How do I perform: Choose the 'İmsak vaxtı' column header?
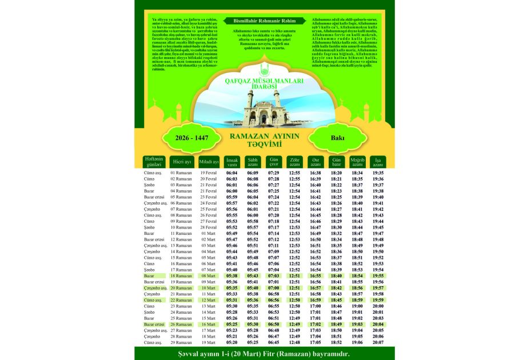232,161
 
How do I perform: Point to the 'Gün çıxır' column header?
274,161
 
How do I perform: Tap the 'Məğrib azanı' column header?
357,161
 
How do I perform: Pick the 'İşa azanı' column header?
378,161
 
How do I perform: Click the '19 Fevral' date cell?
208,173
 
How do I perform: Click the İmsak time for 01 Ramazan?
232,173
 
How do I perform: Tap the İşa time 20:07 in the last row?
378,343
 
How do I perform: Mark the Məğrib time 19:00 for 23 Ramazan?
357,306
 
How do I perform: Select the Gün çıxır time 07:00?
274,288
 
